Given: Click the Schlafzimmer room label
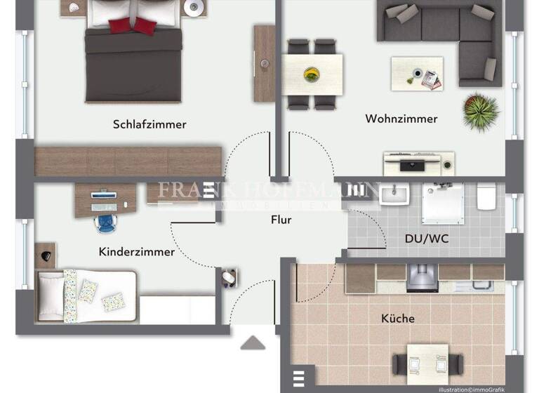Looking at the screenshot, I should pyautogui.click(x=149, y=124).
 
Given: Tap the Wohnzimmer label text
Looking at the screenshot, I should pyautogui.click(x=401, y=119).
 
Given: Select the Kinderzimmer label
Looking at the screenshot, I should pyautogui.click(x=137, y=251).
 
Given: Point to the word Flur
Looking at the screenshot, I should pyautogui.click(x=281, y=220).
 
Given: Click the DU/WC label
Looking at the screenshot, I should pyautogui.click(x=427, y=239).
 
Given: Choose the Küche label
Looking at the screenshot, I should pyautogui.click(x=398, y=318).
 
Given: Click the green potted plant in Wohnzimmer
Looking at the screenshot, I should pyautogui.click(x=481, y=111).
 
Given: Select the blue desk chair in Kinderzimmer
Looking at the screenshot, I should pyautogui.click(x=105, y=222).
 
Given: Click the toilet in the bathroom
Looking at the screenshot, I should pyautogui.click(x=486, y=196).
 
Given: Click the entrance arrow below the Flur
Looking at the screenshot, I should pyautogui.click(x=253, y=342).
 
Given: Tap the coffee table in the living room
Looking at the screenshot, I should pyautogui.click(x=417, y=73).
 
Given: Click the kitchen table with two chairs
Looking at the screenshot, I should pyautogui.click(x=427, y=362).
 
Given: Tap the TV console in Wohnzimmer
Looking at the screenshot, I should pyautogui.click(x=418, y=164).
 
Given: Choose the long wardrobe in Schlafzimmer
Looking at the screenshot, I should pyautogui.click(x=128, y=161).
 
